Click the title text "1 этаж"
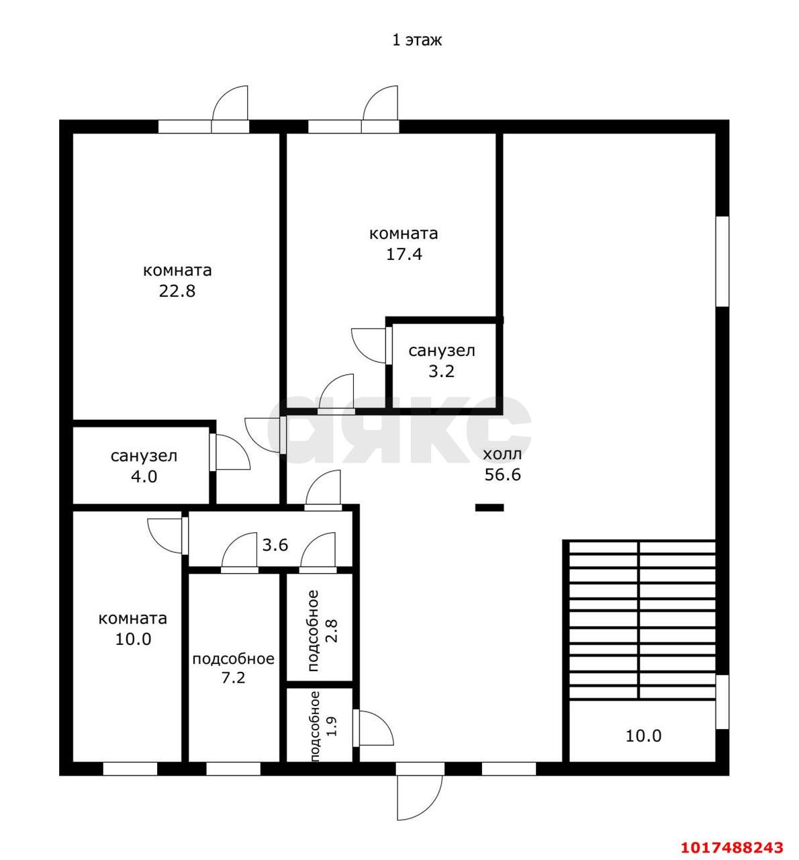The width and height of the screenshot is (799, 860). point(417,40)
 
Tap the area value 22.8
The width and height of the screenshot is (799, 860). point(177,290)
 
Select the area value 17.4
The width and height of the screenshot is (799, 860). point(404,254)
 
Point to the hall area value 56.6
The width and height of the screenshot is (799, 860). point(502,475)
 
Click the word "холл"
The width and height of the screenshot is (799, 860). point(502,454)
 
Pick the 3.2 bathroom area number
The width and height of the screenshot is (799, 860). point(442,372)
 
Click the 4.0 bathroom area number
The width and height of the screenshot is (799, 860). point(144,477)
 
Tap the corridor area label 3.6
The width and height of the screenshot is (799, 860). point(275,545)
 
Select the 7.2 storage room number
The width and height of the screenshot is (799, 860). point(233,677)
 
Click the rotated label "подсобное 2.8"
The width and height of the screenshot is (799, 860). point(319,630)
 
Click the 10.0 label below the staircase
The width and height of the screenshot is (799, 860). point(643,736)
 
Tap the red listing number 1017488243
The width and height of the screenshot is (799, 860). point(732,847)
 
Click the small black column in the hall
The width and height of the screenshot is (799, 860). point(489,507)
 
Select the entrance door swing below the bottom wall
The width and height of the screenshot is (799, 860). point(420,798)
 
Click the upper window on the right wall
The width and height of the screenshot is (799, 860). point(722,261)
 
